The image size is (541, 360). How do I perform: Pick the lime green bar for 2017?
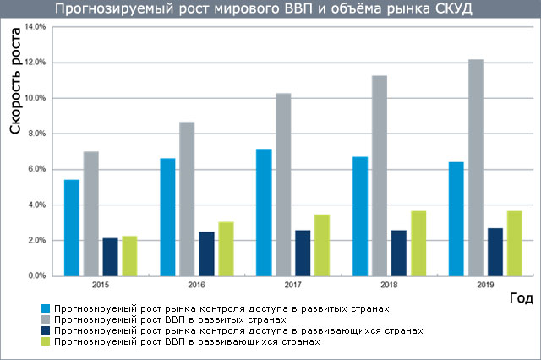click(322, 245)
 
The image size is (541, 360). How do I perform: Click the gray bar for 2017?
click(283, 184)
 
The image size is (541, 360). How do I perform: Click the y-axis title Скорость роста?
click(16, 92)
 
